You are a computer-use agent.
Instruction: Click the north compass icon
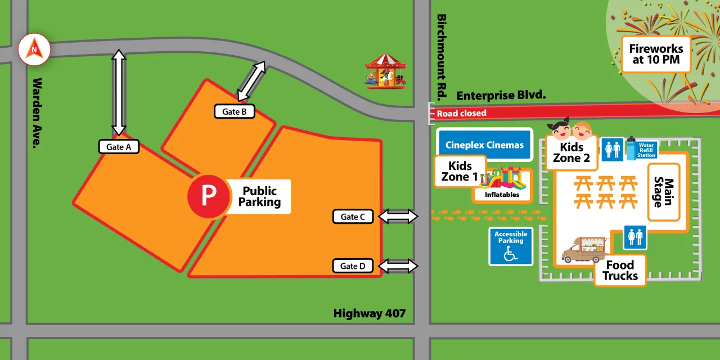point(34,49)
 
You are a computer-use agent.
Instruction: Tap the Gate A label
point(119,147)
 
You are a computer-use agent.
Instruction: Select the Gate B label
point(235,111)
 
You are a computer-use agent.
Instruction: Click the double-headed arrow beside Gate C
point(398,217)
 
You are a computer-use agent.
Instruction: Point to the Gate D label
point(353,266)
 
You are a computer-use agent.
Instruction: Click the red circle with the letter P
point(209,196)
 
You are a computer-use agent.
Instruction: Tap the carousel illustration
point(385,71)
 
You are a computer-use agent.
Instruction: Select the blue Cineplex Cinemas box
point(484,145)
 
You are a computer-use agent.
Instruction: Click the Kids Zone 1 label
point(460,172)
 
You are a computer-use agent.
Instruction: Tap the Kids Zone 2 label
point(571,153)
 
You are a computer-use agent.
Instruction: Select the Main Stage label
point(664,192)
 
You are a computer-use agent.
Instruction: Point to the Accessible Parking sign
point(511,246)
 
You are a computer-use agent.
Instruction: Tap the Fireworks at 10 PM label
point(656,55)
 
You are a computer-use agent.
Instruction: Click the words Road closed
point(461,114)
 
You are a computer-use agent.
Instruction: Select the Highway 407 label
point(369,313)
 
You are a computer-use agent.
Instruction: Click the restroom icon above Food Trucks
point(635,237)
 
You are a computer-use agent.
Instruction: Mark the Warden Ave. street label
point(37,112)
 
